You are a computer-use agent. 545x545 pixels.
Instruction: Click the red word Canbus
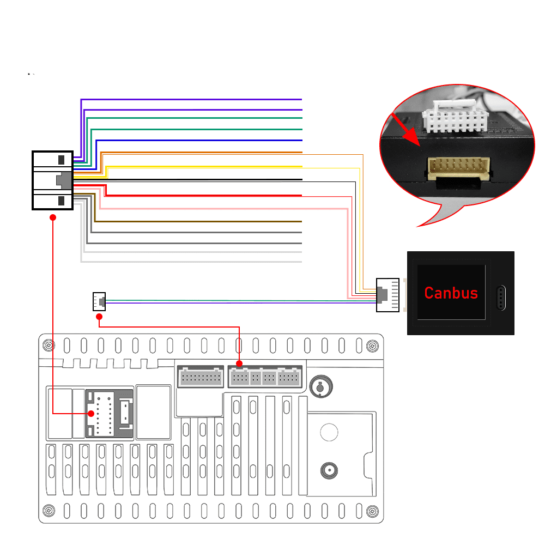click(x=451, y=293)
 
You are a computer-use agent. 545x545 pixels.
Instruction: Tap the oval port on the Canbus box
click(x=501, y=298)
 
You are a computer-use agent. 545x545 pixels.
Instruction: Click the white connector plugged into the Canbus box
click(x=387, y=295)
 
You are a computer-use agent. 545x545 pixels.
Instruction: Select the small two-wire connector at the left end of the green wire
click(x=99, y=301)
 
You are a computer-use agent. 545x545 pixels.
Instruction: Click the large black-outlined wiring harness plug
click(x=52, y=180)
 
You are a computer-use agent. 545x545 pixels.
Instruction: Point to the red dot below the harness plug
click(x=53, y=217)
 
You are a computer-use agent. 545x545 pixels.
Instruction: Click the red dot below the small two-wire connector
click(x=99, y=317)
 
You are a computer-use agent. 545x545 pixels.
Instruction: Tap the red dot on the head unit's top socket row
click(x=239, y=364)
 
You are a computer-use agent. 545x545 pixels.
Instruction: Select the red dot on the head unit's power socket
click(x=91, y=414)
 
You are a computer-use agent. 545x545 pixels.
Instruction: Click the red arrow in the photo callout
click(x=406, y=129)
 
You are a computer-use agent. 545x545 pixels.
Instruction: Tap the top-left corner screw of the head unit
click(x=49, y=346)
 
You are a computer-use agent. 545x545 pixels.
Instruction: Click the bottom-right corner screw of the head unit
click(x=373, y=511)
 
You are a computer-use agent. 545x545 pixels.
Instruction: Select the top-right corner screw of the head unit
click(x=373, y=346)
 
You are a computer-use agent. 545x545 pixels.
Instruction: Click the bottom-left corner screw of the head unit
click(x=49, y=511)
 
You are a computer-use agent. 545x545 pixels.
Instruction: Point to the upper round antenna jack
click(x=321, y=386)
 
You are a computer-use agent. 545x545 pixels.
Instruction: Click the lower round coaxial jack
click(x=329, y=471)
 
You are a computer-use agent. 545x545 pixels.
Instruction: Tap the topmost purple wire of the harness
click(x=191, y=99)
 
